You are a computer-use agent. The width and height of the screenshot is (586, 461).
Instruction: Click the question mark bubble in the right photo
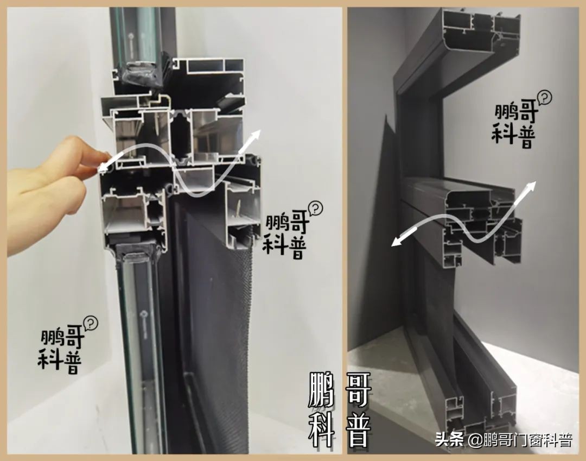(544, 98)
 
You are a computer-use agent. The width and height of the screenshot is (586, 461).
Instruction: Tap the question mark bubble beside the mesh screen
(315, 208)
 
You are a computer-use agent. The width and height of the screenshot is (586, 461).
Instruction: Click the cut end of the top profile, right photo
(480, 30)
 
